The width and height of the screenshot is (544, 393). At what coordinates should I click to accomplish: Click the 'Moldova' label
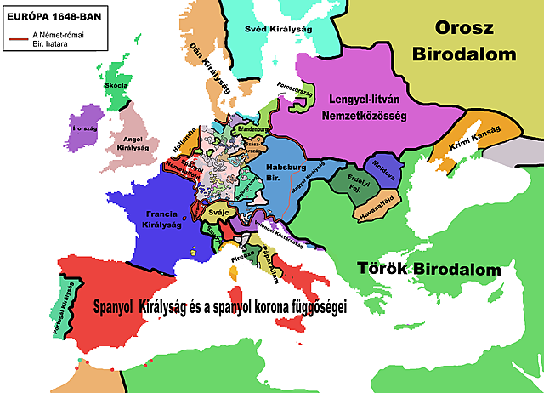[x=387, y=168]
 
